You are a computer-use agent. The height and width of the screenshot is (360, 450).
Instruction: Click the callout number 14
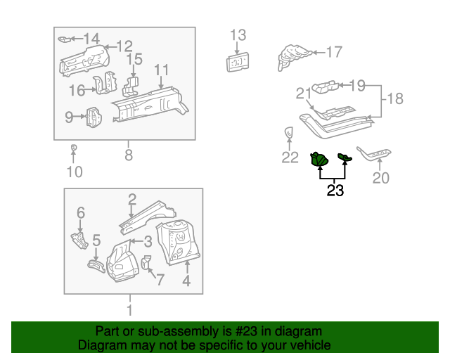tap(92, 38)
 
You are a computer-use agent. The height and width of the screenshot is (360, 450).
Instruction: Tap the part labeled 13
tap(238, 63)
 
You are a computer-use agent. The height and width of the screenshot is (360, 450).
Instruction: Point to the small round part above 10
tap(74, 148)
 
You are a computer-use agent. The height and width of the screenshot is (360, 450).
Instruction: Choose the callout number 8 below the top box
tap(129, 155)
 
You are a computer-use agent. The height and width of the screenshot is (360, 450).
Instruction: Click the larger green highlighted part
tap(319, 161)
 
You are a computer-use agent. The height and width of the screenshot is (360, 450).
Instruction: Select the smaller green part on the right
tap(344, 158)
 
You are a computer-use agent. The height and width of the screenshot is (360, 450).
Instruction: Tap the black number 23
tap(335, 190)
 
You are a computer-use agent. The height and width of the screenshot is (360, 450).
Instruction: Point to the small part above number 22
tap(288, 133)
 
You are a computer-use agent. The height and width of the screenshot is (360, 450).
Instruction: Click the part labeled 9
tap(94, 117)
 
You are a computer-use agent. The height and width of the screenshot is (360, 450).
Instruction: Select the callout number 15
tap(134, 60)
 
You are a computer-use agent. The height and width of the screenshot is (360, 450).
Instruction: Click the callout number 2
tap(131, 200)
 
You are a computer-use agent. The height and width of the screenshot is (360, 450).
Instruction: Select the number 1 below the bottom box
tap(129, 309)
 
